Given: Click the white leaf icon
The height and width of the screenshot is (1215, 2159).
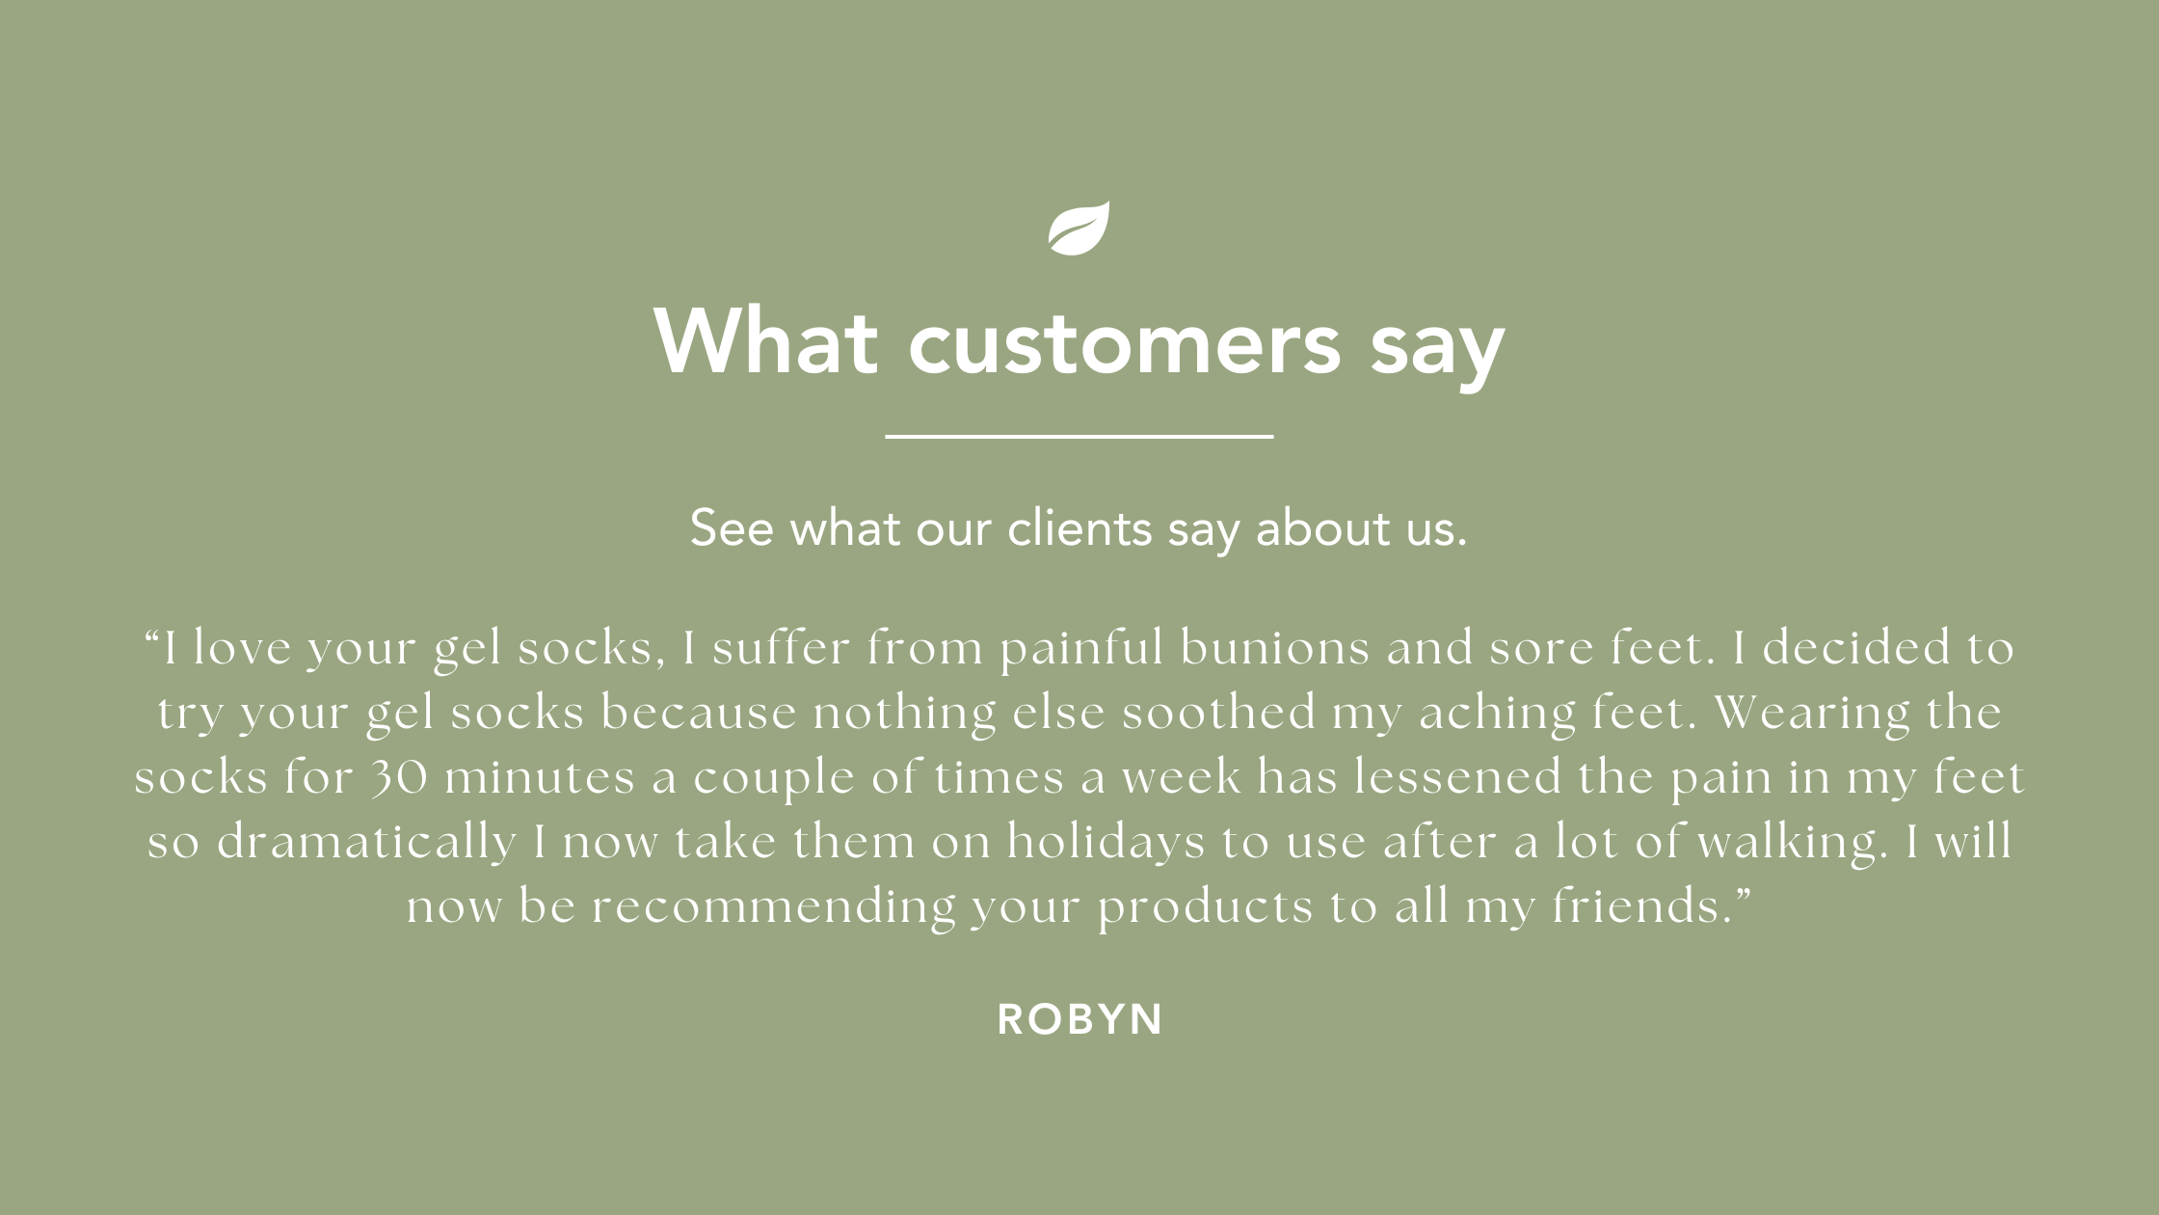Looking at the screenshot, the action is [x=1079, y=229].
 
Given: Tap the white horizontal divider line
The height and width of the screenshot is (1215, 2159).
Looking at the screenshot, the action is [x=1079, y=437].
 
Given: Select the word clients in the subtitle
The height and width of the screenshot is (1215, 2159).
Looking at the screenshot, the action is [x=1079, y=528].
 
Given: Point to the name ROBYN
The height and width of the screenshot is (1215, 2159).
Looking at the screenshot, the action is [x=1080, y=1019].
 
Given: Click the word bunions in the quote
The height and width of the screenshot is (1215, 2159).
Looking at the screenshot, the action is [x=1274, y=647].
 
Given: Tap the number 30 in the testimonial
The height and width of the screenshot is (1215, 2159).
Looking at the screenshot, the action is [x=400, y=778].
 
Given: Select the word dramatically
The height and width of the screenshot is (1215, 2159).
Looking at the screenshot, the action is [x=366, y=842].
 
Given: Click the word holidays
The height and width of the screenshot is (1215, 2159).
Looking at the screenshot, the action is [x=1106, y=842].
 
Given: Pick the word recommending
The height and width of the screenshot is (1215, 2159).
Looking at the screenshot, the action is [x=773, y=907].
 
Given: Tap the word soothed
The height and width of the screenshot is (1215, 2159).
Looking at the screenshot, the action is [x=1218, y=713].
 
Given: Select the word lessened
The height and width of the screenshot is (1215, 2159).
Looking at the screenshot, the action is [x=1458, y=777].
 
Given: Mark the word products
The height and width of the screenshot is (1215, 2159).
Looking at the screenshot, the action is [x=1206, y=907].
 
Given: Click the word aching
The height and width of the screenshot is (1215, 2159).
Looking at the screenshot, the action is [x=1497, y=714].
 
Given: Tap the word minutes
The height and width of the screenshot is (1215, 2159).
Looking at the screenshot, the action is [x=540, y=777].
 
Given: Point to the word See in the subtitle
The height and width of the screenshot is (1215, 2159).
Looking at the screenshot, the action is [x=732, y=528].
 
